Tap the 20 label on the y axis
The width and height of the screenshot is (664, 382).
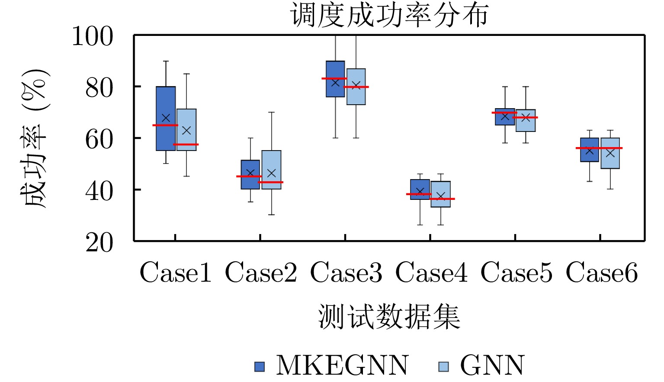point(99,242)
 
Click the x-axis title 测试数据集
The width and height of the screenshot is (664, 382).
point(389,316)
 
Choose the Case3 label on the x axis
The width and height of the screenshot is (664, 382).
point(346,273)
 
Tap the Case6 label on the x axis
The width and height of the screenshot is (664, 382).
point(602,273)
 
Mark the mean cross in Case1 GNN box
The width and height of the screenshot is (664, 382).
point(186,130)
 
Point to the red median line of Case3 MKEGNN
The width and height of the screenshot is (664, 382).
point(334,78)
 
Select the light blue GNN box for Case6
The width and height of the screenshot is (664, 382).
point(610,160)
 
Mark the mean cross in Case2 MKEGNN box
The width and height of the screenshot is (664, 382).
point(250,173)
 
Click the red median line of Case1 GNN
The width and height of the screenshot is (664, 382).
point(186,144)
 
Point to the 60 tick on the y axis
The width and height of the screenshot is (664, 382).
point(99,139)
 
